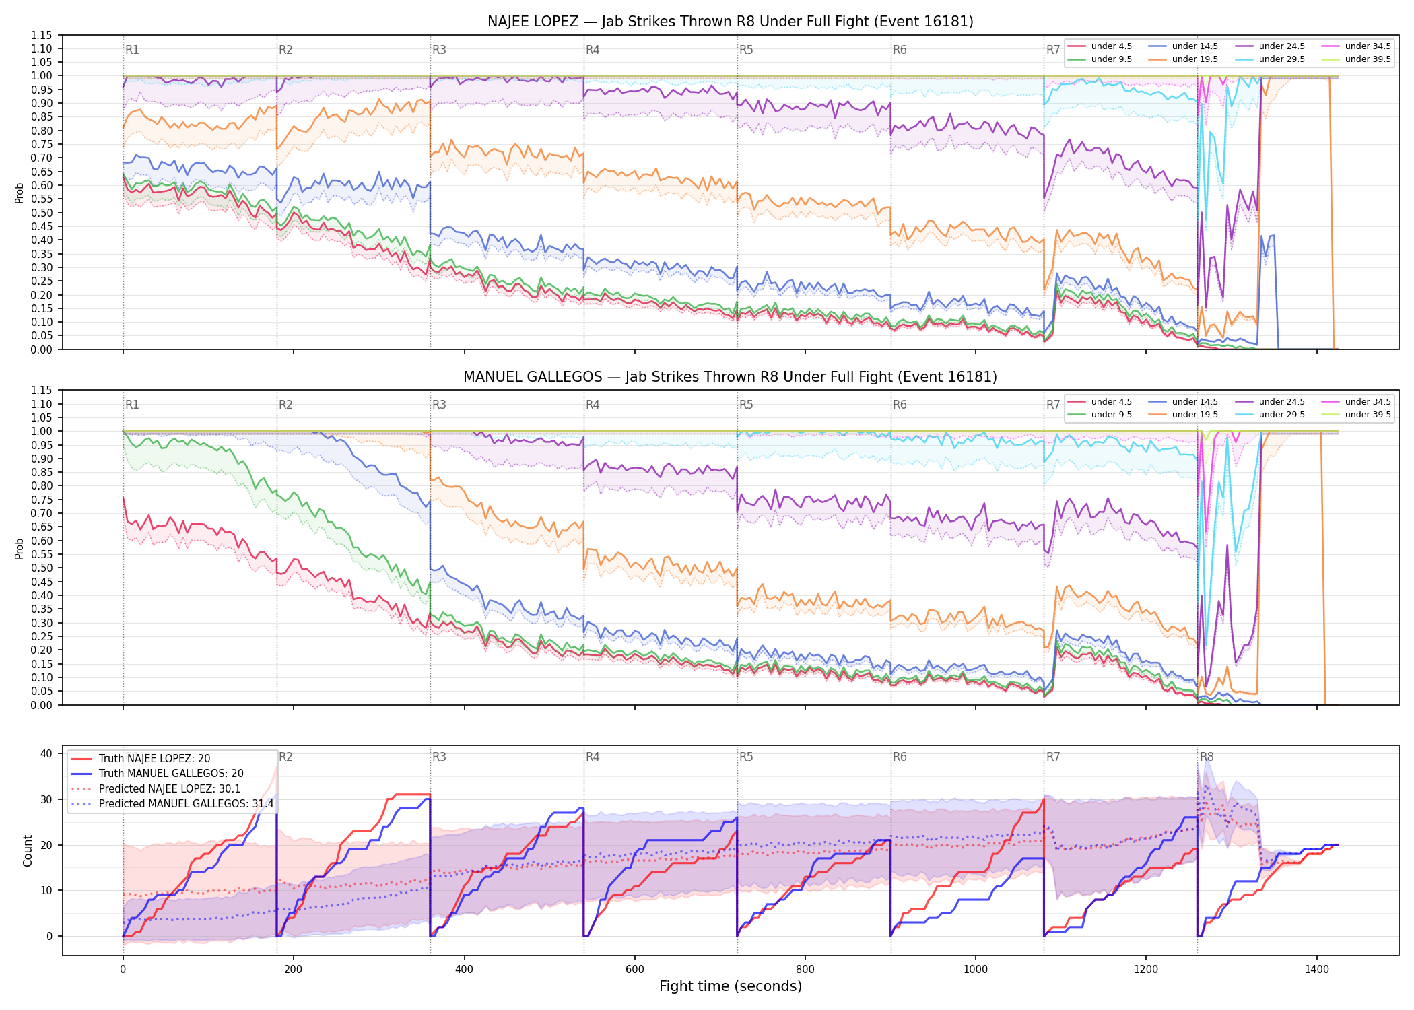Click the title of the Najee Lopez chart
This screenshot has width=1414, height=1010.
(x=731, y=22)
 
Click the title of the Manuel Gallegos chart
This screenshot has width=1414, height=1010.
(x=731, y=377)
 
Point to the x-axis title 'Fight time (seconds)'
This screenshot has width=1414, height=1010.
(x=731, y=986)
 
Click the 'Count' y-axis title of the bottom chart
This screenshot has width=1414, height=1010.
(x=28, y=850)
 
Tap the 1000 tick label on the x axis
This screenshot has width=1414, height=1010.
(x=976, y=970)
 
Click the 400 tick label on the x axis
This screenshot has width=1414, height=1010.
(x=464, y=970)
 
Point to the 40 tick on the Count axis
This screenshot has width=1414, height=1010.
(x=46, y=753)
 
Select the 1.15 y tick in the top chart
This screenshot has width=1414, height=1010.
(x=42, y=35)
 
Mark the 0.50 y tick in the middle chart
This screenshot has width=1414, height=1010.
(x=42, y=568)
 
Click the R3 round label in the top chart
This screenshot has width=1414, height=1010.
(x=439, y=50)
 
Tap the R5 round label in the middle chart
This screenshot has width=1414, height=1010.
(x=746, y=405)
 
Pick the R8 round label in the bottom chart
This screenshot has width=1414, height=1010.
(x=1207, y=757)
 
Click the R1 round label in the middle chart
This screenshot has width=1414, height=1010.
(x=132, y=405)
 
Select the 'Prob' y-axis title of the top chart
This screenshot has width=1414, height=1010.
(x=20, y=193)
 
